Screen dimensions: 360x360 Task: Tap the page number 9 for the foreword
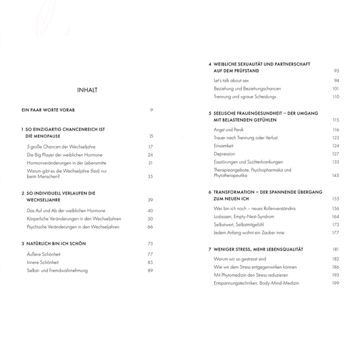coord(152,109)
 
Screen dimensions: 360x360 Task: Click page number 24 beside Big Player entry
coord(151,155)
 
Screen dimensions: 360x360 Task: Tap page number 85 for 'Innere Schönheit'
coord(151,262)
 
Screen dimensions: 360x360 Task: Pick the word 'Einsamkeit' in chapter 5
coord(226,145)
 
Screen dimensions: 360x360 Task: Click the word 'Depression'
coord(226,153)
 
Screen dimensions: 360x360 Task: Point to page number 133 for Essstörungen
coord(335,162)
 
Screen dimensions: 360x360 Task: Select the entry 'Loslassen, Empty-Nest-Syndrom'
coord(243,216)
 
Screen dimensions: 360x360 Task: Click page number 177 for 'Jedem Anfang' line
coord(335,232)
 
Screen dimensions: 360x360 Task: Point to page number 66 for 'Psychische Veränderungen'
coord(151,227)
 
